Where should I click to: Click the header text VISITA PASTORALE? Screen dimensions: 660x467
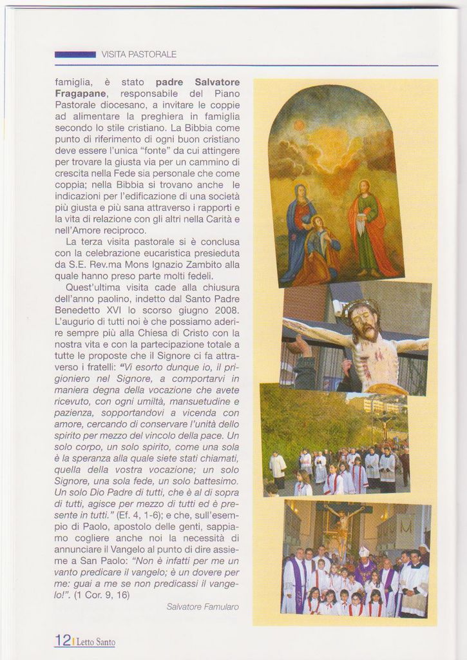click(138, 55)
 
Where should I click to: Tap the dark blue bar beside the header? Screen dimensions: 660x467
click(75, 55)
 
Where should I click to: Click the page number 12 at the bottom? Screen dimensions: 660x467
click(62, 640)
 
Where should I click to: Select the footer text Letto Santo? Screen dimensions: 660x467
click(96, 642)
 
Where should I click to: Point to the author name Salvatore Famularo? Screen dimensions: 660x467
click(202, 607)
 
